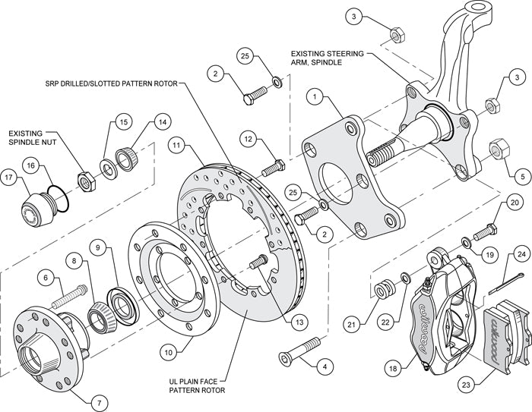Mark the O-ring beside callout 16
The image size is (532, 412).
click(x=59, y=197)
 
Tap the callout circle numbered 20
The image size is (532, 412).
click(x=515, y=203)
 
